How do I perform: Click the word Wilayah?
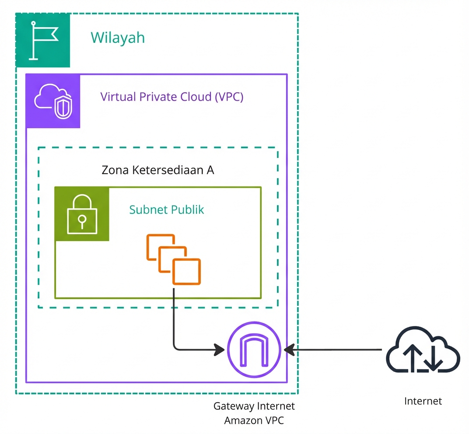118,38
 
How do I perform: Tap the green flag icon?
43,40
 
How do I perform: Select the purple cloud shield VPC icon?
53,101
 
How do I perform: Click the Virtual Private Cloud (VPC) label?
172,97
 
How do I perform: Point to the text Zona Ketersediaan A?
157,170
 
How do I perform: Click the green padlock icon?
82,214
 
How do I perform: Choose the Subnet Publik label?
166,210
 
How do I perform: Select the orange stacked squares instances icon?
174,259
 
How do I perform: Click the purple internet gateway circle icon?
254,350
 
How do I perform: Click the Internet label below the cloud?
423,401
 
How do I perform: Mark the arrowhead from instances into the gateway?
220,350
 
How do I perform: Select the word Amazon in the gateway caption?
242,421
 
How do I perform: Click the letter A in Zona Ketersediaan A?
210,170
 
